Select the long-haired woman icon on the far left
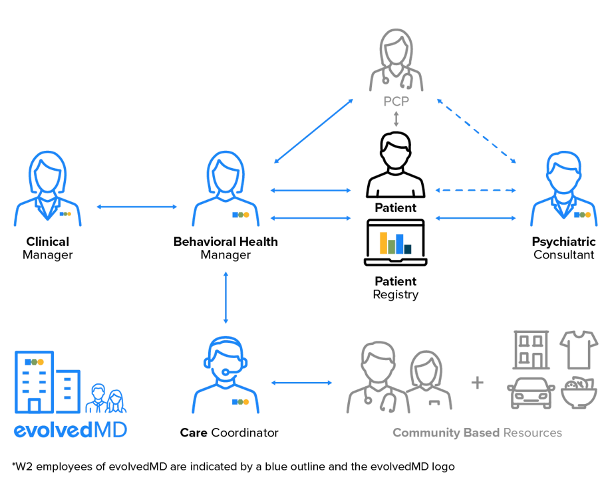tap(48, 190)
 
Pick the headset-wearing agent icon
tap(226, 375)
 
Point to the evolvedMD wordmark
tap(69, 429)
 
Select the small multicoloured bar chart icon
tap(396, 243)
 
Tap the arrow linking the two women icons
tap(138, 208)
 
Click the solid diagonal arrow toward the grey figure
tap(313, 131)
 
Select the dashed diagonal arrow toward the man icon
tap(476, 131)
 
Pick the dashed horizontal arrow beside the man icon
tap(475, 191)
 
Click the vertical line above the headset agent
tap(227, 298)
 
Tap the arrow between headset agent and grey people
tap(301, 383)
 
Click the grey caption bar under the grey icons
tap(476, 433)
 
